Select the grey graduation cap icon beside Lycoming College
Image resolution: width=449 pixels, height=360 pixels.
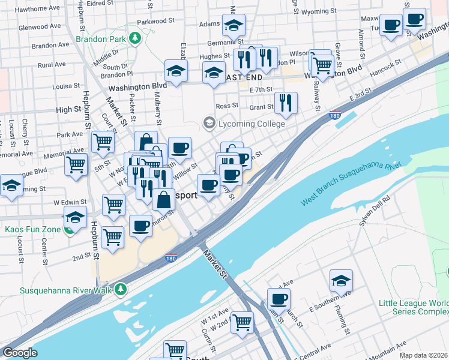click(209, 123)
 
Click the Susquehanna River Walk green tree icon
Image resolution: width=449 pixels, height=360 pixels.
click(122, 290)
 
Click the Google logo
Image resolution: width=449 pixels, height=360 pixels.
click(20, 353)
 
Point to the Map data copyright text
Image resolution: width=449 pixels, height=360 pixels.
click(423, 355)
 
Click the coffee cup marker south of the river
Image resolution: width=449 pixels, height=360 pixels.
click(279, 298)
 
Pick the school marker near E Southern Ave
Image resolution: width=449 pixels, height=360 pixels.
click(341, 280)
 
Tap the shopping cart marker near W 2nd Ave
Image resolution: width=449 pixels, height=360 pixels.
click(242, 322)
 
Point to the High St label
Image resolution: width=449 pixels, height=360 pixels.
click(68, 110)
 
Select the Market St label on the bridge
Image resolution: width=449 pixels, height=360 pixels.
click(215, 265)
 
